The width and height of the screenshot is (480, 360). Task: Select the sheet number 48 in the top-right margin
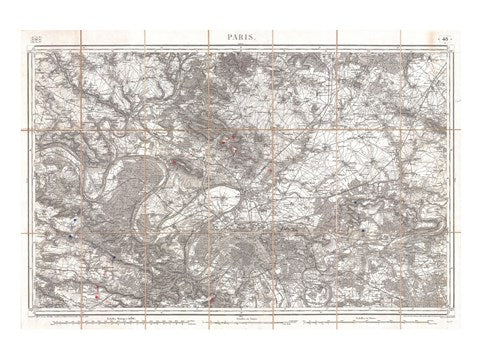[442, 36]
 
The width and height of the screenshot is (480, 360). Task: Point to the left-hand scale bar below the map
[90, 323]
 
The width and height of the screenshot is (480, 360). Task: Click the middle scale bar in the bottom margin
[240, 323]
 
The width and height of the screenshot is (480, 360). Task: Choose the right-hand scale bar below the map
[385, 323]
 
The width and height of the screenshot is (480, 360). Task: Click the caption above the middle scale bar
[240, 317]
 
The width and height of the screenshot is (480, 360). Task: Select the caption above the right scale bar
[385, 317]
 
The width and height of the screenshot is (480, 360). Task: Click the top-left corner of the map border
[31, 44]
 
